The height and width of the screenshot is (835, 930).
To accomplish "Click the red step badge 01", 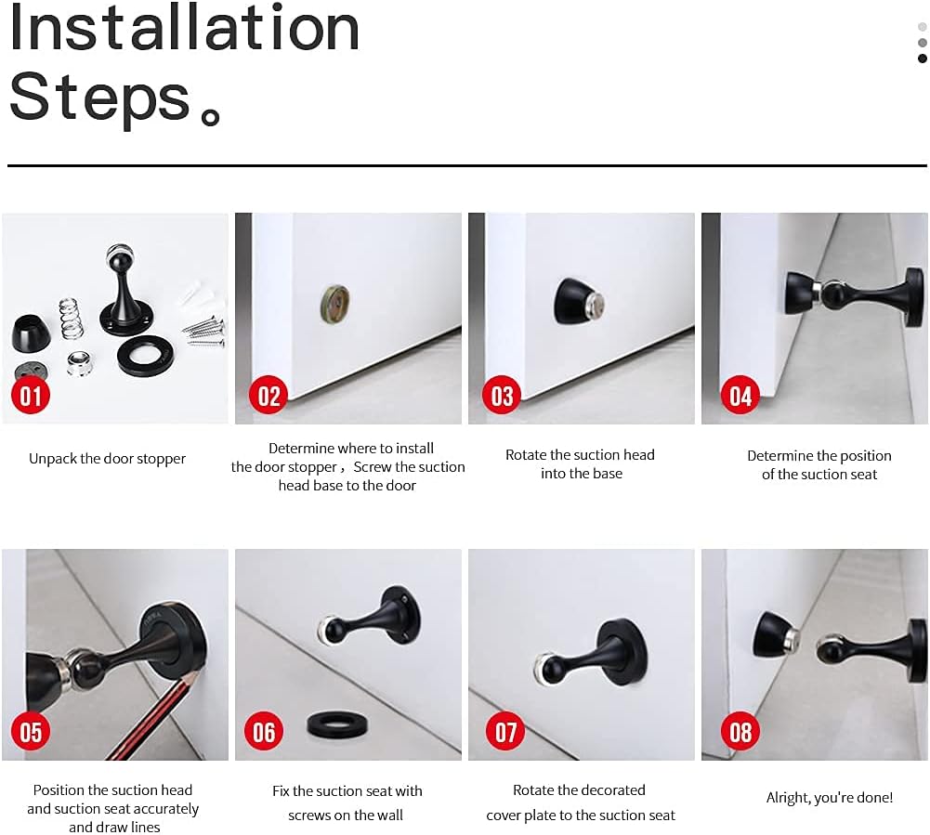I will pos(32,397).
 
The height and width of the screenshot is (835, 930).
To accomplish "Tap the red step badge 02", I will pos(269,397).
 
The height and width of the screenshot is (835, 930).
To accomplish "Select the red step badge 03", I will pos(502,397).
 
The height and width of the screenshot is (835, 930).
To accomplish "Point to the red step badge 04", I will pos(740,397).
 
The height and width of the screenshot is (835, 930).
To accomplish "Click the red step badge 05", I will pos(32,732).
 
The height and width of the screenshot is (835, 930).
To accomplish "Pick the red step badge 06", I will pos(264,732).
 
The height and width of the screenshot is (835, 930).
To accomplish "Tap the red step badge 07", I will pos(505,732).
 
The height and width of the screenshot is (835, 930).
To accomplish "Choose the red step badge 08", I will pos(740,732).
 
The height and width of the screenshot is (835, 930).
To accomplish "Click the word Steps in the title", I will pos(100,97).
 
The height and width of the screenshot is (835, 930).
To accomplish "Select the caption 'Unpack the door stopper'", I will pos(107,459).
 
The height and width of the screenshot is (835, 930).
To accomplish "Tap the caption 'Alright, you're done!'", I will pos(829,798).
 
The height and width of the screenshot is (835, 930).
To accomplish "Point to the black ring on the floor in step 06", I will pos(334,725).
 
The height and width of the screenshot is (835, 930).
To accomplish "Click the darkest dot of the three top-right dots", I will pos(922,59).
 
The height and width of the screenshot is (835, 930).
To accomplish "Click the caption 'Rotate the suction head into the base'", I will pos(580,464).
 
